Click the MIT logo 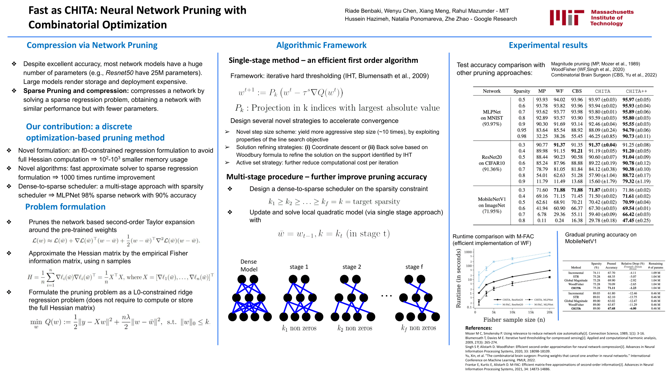(x=592, y=18)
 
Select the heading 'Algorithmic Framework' (x=321, y=45)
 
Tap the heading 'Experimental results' (x=548, y=45)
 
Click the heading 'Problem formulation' (x=65, y=207)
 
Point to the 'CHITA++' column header (x=636, y=91)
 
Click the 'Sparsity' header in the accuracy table (x=522, y=91)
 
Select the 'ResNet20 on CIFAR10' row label (x=492, y=163)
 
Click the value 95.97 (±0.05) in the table (x=636, y=100)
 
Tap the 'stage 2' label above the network (x=352, y=267)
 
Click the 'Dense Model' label (x=249, y=265)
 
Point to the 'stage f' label (x=414, y=267)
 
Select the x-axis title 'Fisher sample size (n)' (x=514, y=320)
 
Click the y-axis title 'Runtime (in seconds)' (x=458, y=278)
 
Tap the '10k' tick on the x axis (x=512, y=312)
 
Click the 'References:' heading (x=479, y=328)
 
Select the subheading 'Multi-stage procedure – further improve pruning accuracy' (x=327, y=177)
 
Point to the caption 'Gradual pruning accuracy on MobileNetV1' (x=601, y=238)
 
